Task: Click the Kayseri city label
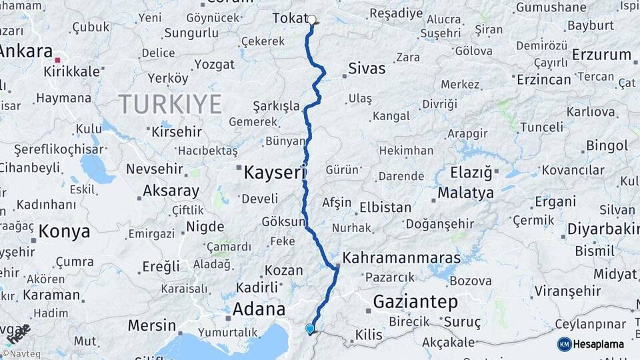pos(274,173)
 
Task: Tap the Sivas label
pos(367,68)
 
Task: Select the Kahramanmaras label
pos(401,257)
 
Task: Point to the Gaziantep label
pos(415,302)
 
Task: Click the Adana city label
pos(259,309)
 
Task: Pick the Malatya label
pos(466,193)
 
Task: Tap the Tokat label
pos(289,19)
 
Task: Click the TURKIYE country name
pos(170,104)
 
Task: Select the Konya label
pos(64,232)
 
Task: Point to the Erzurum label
pos(601,55)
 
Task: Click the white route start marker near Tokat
pos(311,19)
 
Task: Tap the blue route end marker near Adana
pos(309,329)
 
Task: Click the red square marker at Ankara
pos(57,60)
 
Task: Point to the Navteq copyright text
pos(24,354)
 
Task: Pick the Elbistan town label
pos(385,207)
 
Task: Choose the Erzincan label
pos(544,79)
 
